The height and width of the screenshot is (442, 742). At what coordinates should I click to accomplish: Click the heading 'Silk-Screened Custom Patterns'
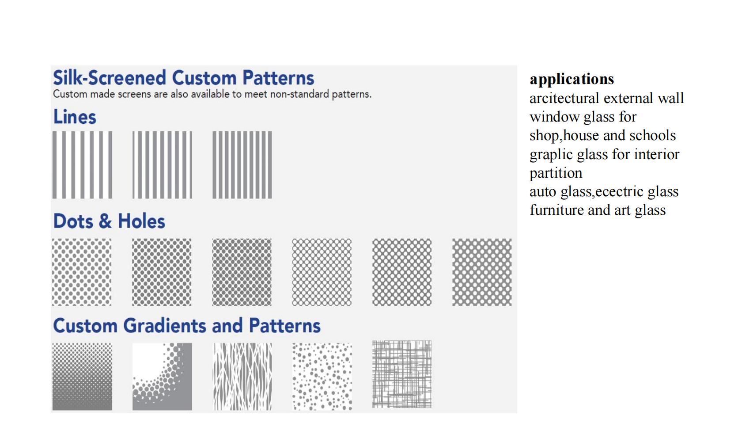click(x=184, y=78)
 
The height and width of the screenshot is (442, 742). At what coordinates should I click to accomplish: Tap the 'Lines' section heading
click(x=75, y=117)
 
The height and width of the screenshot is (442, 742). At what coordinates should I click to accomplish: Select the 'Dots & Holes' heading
click(x=109, y=221)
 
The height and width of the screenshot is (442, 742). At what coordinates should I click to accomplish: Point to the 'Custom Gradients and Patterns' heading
click(x=187, y=325)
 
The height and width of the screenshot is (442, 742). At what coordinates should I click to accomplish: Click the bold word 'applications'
click(x=572, y=79)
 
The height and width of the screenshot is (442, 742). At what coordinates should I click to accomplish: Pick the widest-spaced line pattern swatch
click(x=82, y=165)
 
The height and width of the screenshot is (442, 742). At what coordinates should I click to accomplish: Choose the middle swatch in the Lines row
click(x=163, y=165)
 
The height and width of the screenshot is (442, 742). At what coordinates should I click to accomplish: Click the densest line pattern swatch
click(x=242, y=165)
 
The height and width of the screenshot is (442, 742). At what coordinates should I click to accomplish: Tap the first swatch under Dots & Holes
click(x=81, y=272)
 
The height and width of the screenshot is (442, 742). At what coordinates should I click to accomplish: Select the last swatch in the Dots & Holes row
click(x=482, y=272)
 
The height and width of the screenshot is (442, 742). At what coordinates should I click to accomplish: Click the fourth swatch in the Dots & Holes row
click(x=322, y=272)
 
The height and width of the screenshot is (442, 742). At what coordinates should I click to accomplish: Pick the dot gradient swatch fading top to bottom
click(x=82, y=376)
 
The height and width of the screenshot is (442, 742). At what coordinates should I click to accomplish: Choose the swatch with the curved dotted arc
click(x=163, y=376)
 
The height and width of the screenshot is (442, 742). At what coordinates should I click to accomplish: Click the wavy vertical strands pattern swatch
click(x=242, y=376)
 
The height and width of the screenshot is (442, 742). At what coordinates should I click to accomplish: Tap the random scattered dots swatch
click(x=322, y=376)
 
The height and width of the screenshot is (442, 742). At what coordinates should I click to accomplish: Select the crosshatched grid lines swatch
click(x=402, y=374)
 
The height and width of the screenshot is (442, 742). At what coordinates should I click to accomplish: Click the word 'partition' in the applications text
click(x=556, y=173)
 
